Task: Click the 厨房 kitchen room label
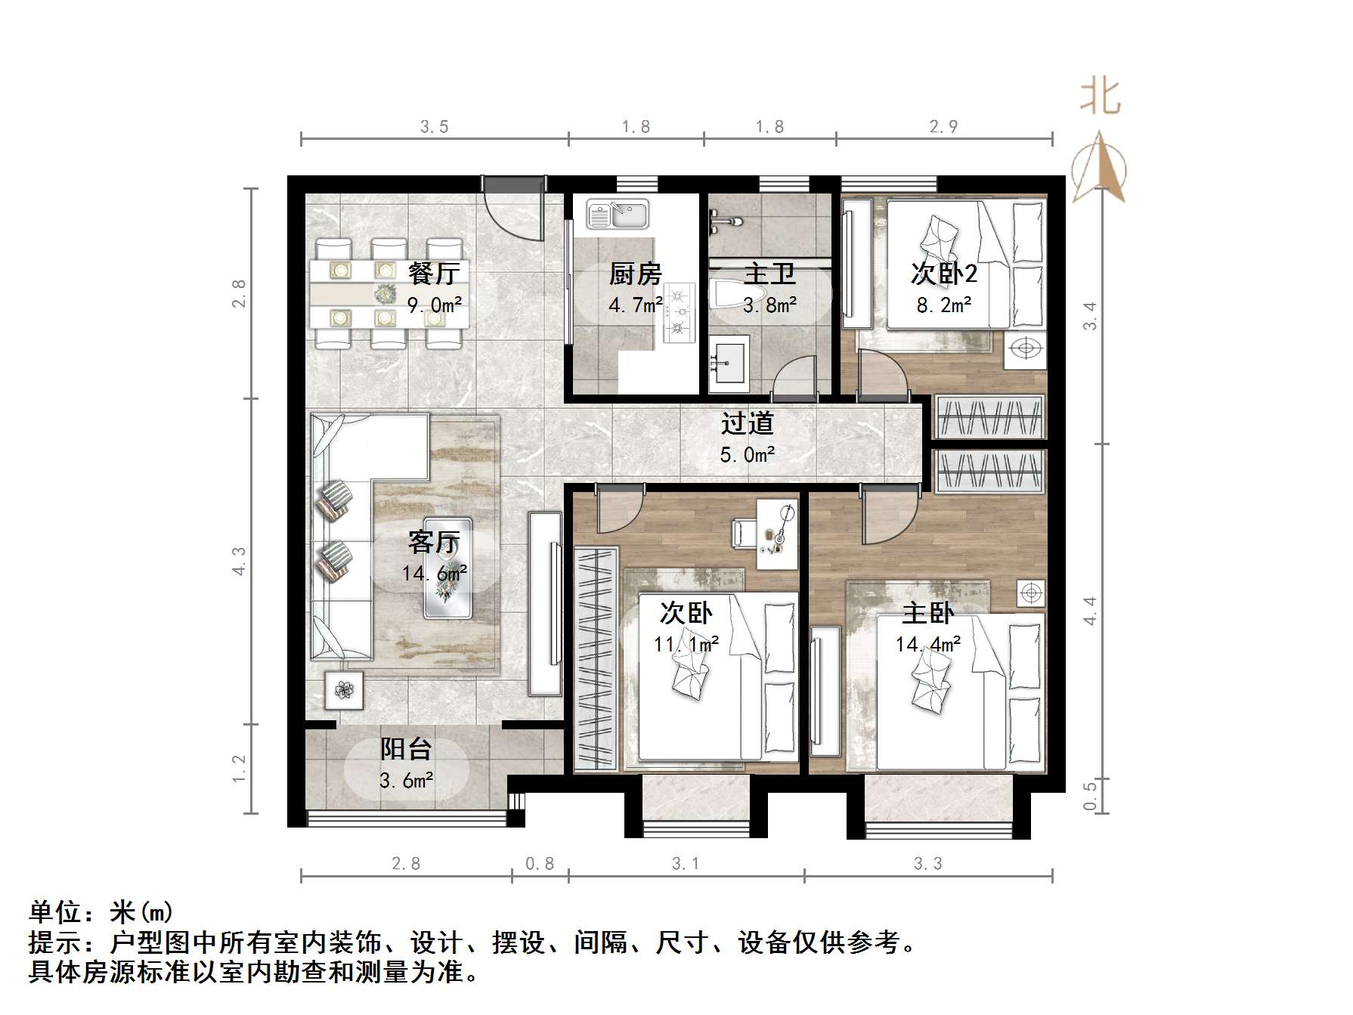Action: [x=635, y=274]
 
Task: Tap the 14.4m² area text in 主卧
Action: [x=927, y=644]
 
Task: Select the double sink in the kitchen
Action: [x=618, y=214]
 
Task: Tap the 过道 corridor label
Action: [x=747, y=423]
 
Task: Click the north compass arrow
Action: [x=1100, y=168]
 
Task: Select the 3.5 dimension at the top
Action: [x=434, y=127]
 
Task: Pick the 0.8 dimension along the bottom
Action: [x=540, y=864]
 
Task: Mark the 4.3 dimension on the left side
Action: [x=240, y=562]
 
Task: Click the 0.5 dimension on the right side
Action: [x=1089, y=795]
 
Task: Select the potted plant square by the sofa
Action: [x=344, y=689]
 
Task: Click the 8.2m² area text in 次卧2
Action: [x=943, y=305]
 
